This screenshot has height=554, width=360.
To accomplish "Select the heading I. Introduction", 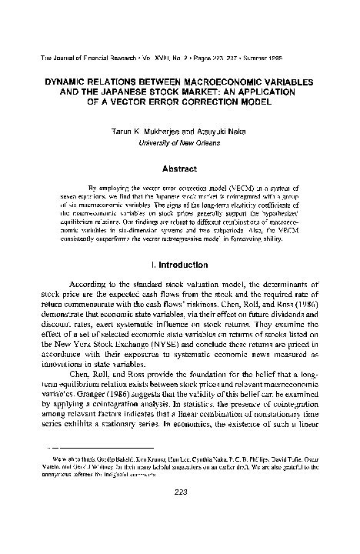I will (x=180, y=263).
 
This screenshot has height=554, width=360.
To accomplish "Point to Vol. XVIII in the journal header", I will (x=142, y=58).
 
